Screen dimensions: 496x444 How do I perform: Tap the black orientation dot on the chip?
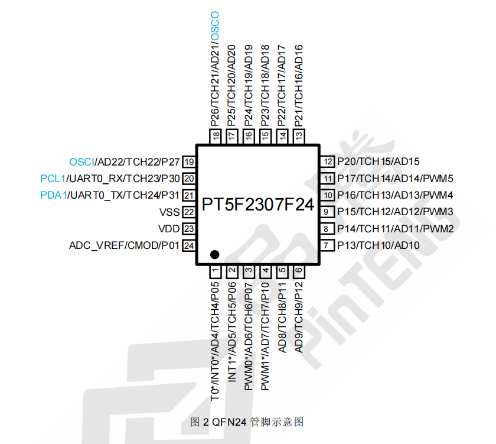point(215,255)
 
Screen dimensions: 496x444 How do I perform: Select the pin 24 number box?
point(189,245)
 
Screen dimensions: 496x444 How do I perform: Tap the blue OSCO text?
point(215,25)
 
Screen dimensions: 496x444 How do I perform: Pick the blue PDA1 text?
point(53,195)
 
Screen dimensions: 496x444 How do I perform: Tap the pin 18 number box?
point(216,136)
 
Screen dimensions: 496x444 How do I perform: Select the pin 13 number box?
point(299,136)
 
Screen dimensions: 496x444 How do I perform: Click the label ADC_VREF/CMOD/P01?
point(124,245)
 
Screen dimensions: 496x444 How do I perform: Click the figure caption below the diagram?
point(247,422)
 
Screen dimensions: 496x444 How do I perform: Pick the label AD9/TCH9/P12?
point(299,317)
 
